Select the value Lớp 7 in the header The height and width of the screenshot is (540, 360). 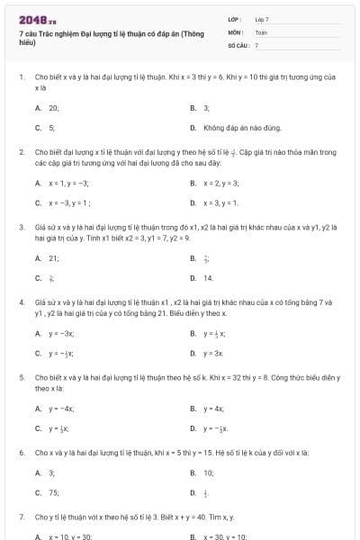(262, 19)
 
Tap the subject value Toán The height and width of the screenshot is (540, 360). (261, 31)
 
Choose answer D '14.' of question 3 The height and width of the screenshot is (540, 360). (208, 278)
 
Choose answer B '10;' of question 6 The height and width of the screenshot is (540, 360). (208, 472)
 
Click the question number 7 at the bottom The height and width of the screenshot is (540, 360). (21, 517)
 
